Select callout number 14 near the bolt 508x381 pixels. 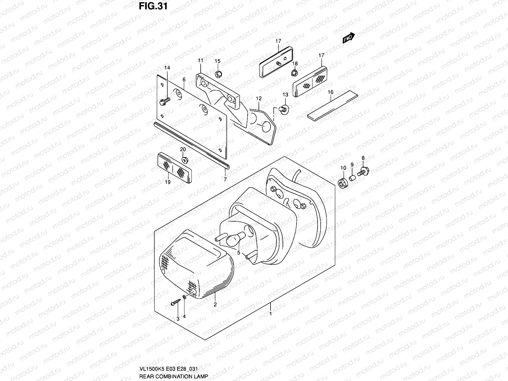point(167,68)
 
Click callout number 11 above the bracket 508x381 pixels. point(200,60)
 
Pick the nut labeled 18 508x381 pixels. point(294,73)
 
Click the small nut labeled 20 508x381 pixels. point(184,158)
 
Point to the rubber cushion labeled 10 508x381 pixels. point(343,183)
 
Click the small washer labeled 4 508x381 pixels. point(184,297)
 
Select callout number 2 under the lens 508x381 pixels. point(215,305)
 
